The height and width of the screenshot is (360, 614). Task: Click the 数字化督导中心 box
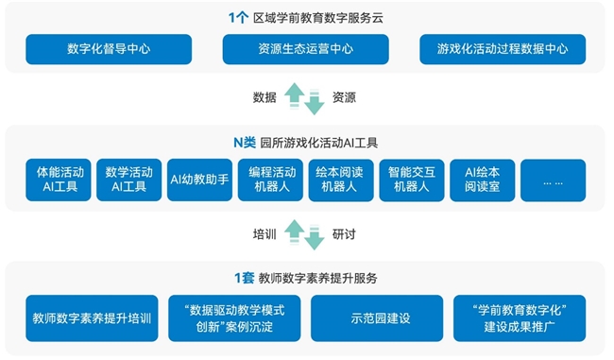[x=109, y=49]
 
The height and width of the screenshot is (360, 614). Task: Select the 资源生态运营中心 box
[x=306, y=49]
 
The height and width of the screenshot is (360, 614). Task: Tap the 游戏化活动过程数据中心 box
[x=503, y=49]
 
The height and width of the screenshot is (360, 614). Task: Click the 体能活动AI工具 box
[x=60, y=180]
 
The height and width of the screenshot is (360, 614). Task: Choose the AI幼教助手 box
[x=200, y=180]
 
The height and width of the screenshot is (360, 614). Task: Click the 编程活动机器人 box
[x=271, y=180]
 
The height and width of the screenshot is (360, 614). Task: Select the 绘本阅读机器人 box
[x=341, y=180]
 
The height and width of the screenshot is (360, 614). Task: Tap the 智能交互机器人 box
[x=411, y=180]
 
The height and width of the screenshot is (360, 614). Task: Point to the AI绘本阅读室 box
[x=482, y=180]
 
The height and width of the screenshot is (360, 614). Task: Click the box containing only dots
[x=553, y=180]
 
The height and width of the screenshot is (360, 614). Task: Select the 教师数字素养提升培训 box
[x=92, y=318]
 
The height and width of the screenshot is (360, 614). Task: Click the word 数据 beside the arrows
[x=265, y=97]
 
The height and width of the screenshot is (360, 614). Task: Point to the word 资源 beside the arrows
[x=345, y=97]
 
